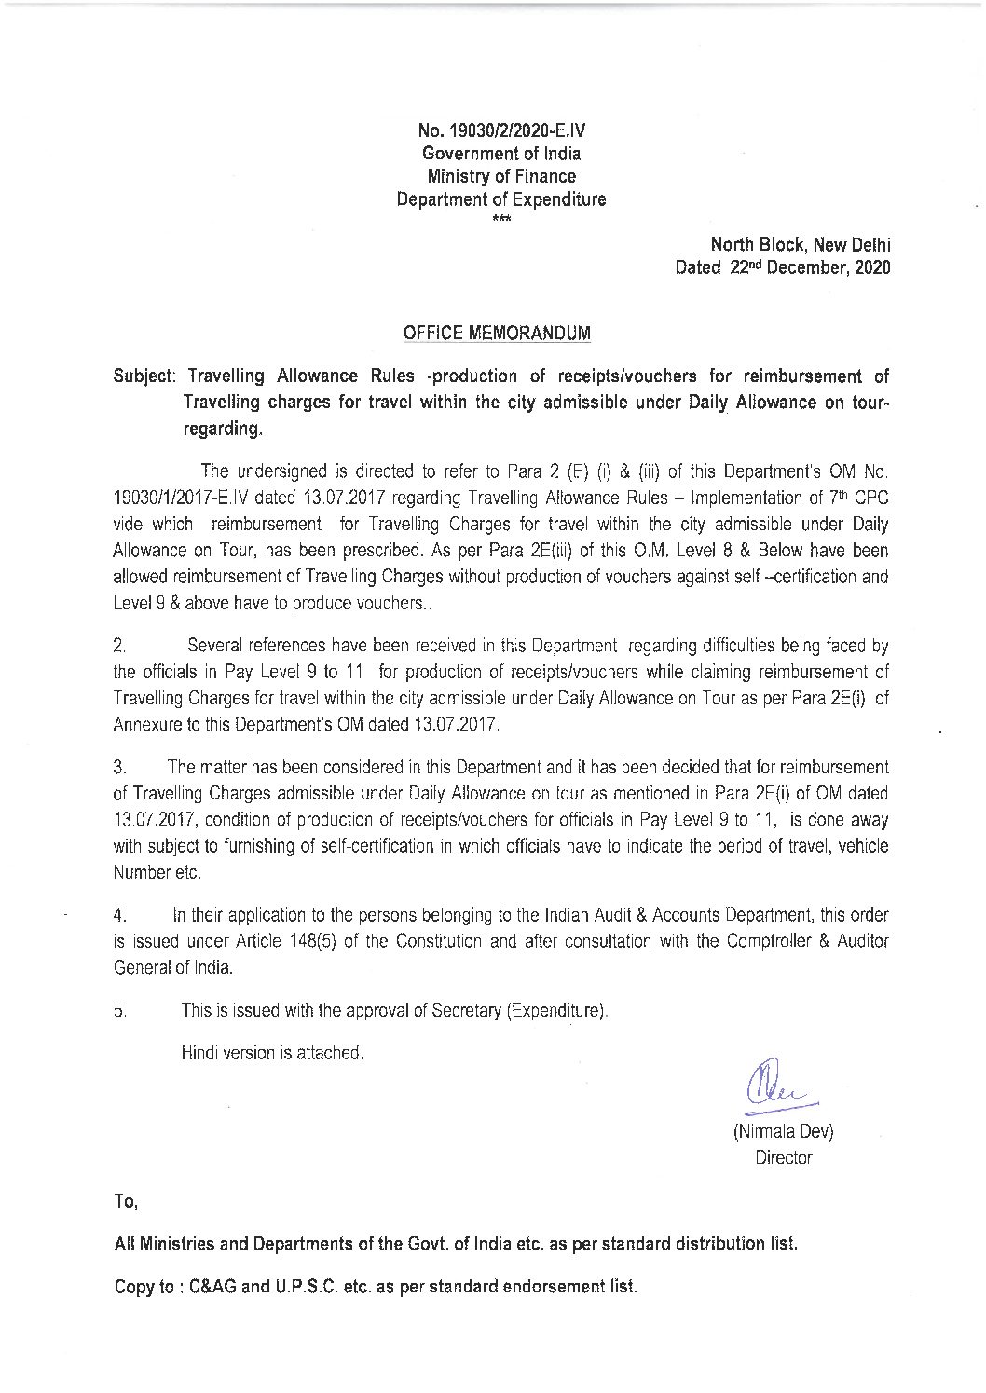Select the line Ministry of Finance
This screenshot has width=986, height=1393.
(x=500, y=176)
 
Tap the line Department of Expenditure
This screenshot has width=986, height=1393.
(x=500, y=199)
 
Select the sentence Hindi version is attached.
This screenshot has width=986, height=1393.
(x=271, y=1053)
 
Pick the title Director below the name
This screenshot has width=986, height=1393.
(x=783, y=1158)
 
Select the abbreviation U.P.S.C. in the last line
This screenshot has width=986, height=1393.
(x=321, y=1287)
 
